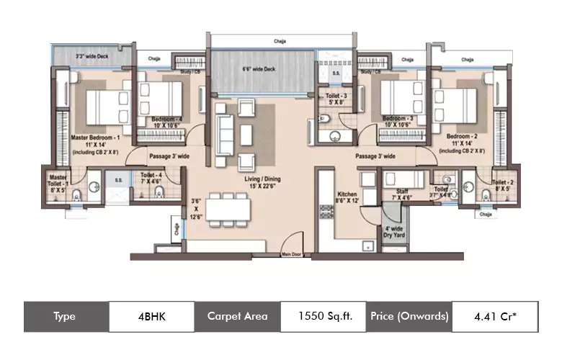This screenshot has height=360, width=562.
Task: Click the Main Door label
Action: click(292, 253)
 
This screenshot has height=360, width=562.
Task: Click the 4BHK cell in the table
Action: click(152, 315)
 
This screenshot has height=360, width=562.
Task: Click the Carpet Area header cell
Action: click(237, 315)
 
